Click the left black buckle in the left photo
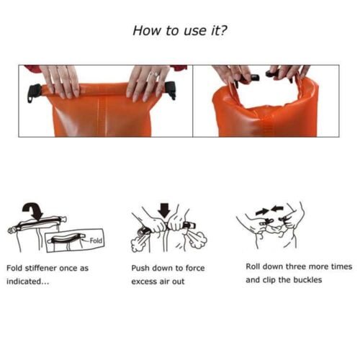coord(33,92)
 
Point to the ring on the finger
coord(152,74)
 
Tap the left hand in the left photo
coord(63,81)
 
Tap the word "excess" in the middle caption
coord(145,282)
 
